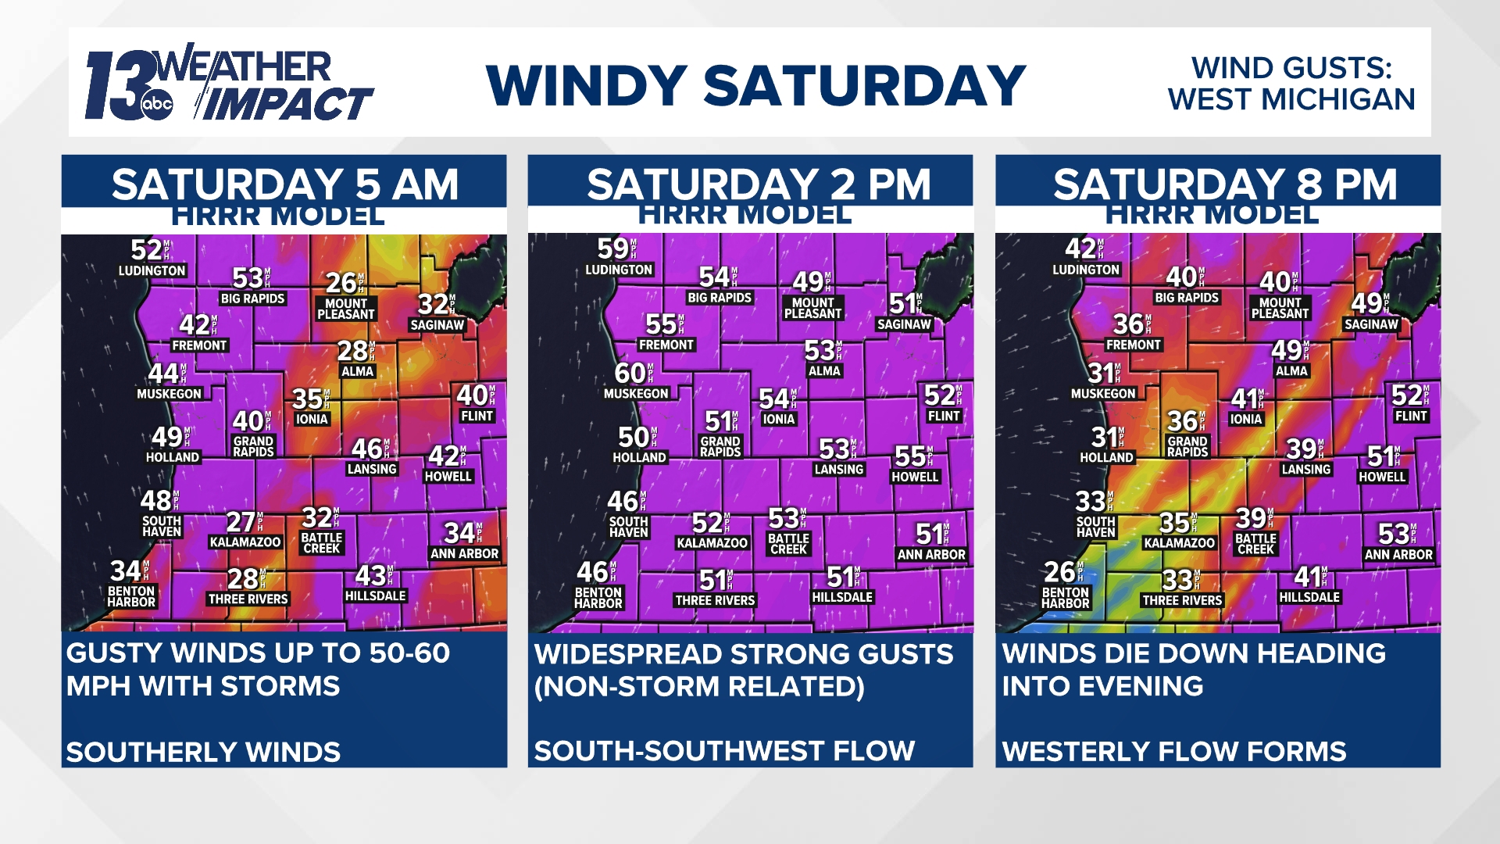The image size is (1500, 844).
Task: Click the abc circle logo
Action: pos(156,105)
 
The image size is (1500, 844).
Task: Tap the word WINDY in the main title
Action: pos(586,86)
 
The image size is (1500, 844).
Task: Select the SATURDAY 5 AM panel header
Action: pos(284,184)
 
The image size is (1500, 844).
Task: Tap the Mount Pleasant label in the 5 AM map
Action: pos(345,309)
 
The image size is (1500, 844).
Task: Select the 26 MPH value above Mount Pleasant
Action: pos(342,282)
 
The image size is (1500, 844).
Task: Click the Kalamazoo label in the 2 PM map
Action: pos(712,542)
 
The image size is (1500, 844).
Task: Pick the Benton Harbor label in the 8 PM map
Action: pos(1065,598)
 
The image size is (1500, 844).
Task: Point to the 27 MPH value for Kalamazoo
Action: pos(241,521)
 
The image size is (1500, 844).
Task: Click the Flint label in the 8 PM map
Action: pos(1411,416)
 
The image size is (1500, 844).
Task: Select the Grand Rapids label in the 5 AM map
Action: pos(253,446)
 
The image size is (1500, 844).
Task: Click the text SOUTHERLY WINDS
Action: pos(203,752)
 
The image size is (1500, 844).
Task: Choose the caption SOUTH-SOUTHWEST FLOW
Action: pos(724,751)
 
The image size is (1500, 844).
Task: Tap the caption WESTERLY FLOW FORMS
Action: pos(1174,751)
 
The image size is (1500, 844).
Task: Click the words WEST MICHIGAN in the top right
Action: pos(1291,100)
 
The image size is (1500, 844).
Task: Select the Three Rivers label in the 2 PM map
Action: pos(715,600)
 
